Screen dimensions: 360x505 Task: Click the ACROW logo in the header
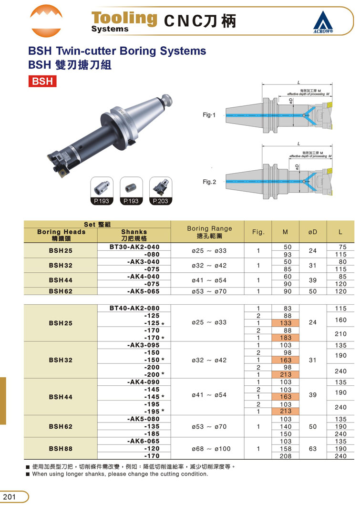click(x=323, y=22)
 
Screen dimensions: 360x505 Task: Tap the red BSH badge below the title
click(x=42, y=81)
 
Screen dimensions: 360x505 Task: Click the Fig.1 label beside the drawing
click(x=209, y=115)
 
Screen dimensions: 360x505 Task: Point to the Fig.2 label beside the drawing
click(x=209, y=182)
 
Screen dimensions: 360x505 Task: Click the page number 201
click(x=10, y=496)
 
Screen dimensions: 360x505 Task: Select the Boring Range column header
click(x=210, y=232)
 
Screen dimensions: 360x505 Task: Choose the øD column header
click(x=313, y=232)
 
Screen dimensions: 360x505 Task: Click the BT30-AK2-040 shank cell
click(x=134, y=247)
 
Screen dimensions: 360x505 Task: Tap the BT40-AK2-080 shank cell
click(x=134, y=308)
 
